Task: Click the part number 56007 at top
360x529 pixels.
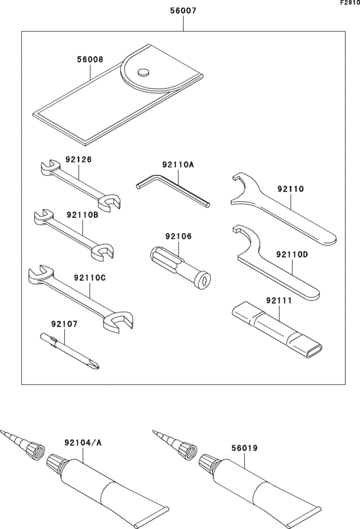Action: point(183,12)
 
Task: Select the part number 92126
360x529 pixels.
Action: point(78,159)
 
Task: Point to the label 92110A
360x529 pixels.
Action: point(178,165)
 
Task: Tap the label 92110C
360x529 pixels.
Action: point(89,277)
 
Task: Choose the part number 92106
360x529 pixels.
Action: point(178,236)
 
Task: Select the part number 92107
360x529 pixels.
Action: point(64,324)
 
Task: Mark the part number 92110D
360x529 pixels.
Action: point(292,255)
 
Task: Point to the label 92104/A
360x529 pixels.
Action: point(82,442)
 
